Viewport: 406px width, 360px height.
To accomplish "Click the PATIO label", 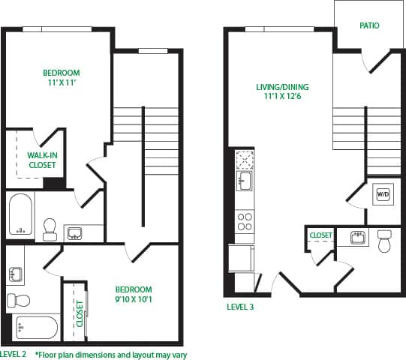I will pos(369,25).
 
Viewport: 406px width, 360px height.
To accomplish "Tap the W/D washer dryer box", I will pos(383,194).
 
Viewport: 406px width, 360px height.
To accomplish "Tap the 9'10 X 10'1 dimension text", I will pos(133,300).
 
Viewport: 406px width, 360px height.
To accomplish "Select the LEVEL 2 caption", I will pos(14,354).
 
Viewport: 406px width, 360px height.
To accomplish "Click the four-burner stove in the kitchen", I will pos(245,221).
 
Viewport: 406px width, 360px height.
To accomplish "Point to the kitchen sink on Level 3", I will pos(245,181).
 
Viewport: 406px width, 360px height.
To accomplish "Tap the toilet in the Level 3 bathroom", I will pos(386,241).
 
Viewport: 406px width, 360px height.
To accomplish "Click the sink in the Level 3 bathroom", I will pos(358,238).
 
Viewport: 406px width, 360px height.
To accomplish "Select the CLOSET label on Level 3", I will pos(320,235).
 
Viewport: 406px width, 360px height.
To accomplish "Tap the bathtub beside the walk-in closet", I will pos(20,214).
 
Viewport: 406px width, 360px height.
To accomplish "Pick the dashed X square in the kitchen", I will pos(245,159).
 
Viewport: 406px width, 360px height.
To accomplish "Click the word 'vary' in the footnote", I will pos(179,355).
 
